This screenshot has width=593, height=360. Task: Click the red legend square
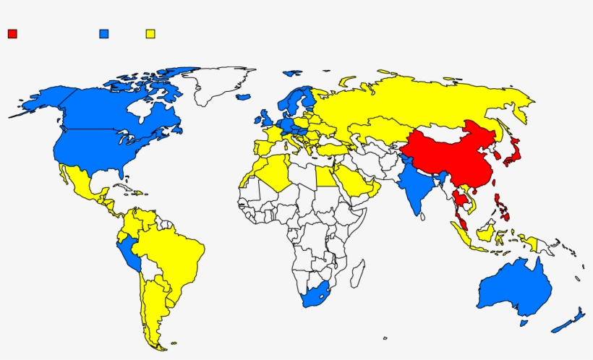point(12,34)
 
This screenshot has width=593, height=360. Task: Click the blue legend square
point(105,34)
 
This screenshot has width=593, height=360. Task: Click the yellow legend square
point(151,34)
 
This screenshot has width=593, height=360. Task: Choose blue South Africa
point(315,296)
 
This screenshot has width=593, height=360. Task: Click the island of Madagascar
point(356,272)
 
